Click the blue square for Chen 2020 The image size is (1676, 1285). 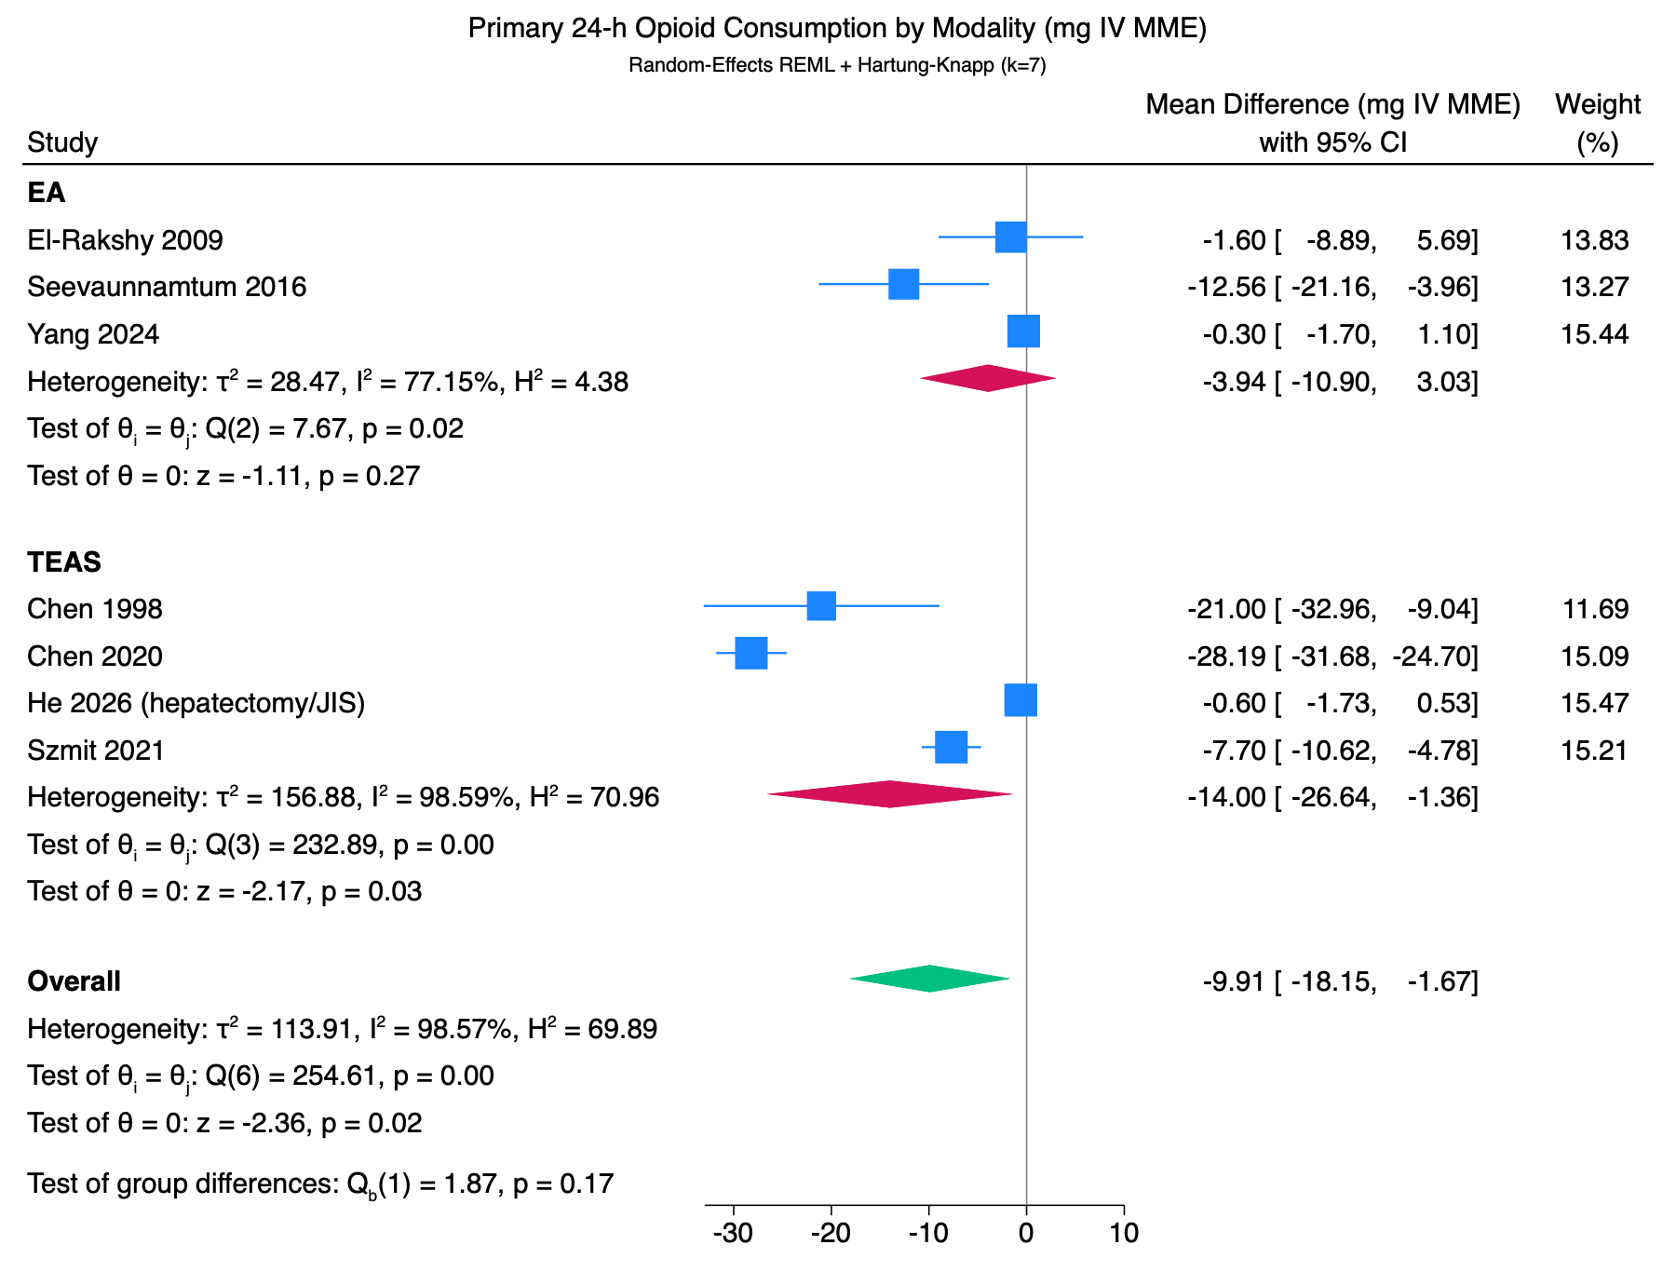pos(751,654)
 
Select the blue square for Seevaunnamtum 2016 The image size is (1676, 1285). pos(904,285)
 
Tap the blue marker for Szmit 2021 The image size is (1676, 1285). pos(951,747)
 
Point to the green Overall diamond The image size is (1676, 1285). pos(929,979)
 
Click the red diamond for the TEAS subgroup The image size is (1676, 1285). pos(890,794)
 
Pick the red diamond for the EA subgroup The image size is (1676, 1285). pos(988,378)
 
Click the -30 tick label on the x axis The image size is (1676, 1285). pos(733,1234)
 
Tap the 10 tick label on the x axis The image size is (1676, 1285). pos(1124,1234)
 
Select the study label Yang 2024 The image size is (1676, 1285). pos(93,334)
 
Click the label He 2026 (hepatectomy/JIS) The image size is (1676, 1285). pos(196,703)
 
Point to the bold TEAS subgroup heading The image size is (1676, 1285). pos(64,562)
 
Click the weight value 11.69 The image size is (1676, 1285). pos(1595,610)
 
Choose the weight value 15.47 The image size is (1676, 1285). pos(1595,703)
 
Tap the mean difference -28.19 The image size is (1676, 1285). pos(1226,656)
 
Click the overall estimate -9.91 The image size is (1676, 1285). pos(1235,981)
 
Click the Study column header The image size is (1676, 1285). pos(62,142)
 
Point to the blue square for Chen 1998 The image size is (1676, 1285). pos(821,606)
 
